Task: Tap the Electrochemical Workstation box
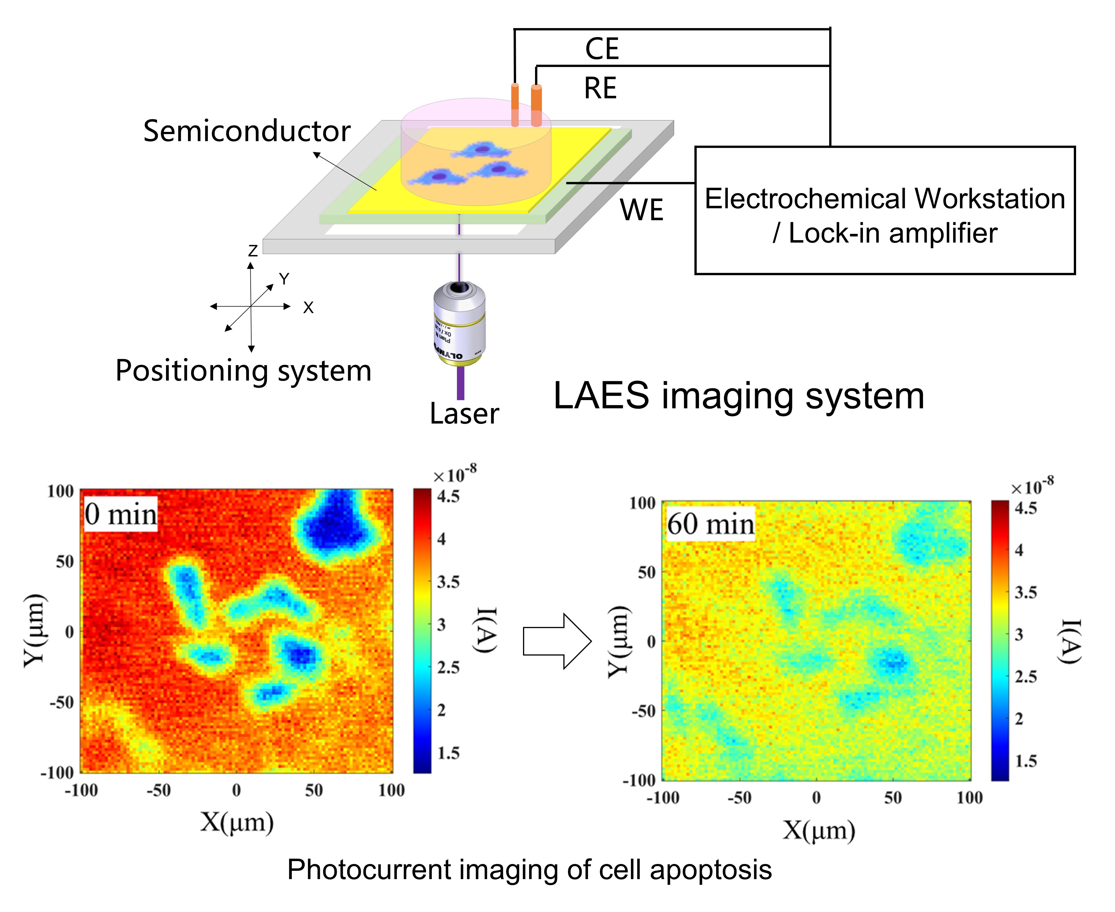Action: coord(885,210)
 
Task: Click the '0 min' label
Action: coord(121,514)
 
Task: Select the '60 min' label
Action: coord(710,524)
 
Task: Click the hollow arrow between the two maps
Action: coord(557,641)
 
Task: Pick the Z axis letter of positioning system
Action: coord(253,251)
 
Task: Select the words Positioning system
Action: coord(243,371)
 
